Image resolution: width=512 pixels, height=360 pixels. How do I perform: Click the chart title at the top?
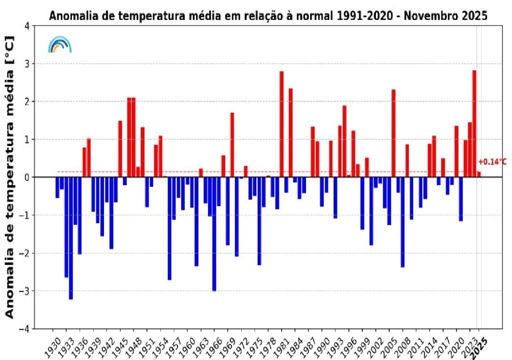coord(268,15)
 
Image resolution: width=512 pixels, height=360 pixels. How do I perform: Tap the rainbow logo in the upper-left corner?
coord(59,44)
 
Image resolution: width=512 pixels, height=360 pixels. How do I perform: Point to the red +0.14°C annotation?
coord(492,162)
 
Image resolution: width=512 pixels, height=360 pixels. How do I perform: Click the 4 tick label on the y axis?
coord(32,26)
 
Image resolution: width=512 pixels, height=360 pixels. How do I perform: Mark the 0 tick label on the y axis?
coord(32,177)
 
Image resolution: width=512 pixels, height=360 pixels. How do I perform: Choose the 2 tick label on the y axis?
coord(32,101)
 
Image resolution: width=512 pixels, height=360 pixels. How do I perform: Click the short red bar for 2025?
coord(478,174)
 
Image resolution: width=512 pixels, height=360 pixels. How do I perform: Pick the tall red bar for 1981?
coord(281,124)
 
